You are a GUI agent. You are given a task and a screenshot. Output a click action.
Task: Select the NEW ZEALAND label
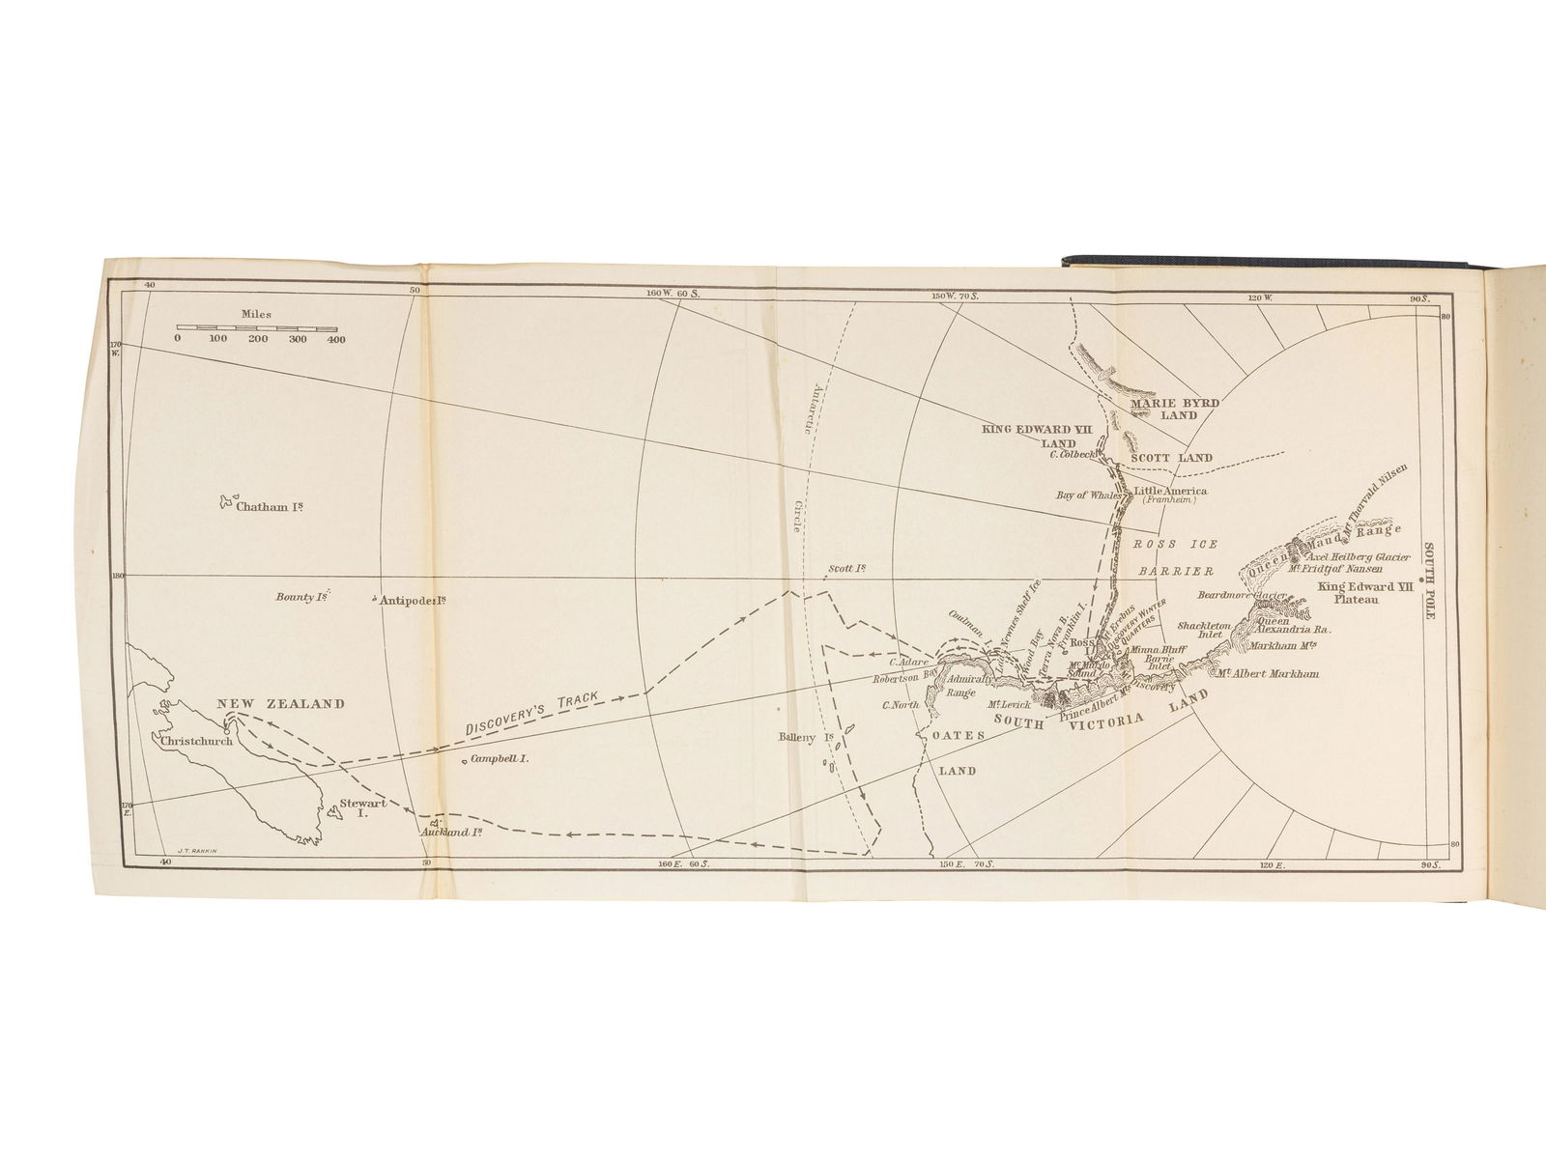[280, 704]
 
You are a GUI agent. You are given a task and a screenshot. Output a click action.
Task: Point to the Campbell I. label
[499, 759]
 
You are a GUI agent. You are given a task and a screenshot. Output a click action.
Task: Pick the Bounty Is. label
[303, 598]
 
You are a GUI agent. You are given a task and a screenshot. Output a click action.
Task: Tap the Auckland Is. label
[451, 832]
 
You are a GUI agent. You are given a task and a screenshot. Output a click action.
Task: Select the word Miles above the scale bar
[258, 315]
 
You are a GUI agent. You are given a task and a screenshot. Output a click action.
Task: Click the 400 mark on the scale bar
[335, 340]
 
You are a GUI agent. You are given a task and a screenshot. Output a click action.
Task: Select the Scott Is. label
[845, 569]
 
